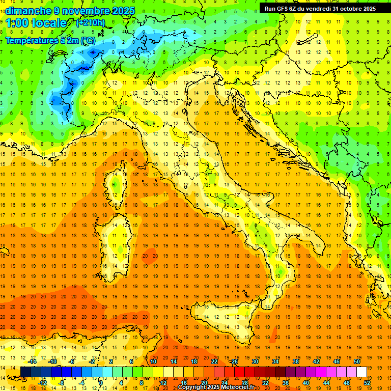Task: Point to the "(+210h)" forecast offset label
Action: tap(90, 23)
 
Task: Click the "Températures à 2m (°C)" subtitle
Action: tap(50, 40)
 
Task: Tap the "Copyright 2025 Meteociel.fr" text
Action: tap(219, 387)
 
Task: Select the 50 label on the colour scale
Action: tap(356, 361)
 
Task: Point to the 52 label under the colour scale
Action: tap(368, 383)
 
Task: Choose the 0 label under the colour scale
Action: tap(101, 383)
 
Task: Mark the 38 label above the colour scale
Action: tap(295, 361)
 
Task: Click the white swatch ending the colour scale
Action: tap(361, 372)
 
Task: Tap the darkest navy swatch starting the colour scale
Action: tap(26, 372)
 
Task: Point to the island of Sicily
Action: tap(224, 326)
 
